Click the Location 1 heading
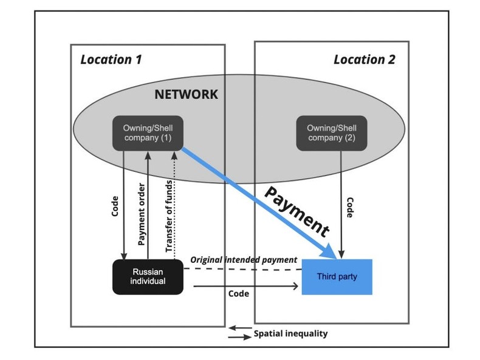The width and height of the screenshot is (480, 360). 111,59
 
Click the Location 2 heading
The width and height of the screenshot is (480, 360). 364,59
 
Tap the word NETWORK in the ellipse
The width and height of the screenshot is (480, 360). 185,94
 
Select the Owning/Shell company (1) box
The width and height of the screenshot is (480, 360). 148,133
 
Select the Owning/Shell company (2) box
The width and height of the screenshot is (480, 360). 331,133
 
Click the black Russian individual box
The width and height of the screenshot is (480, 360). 148,277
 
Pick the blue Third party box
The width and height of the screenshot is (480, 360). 337,277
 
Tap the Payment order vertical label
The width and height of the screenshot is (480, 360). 140,215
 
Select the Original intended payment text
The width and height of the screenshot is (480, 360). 244,259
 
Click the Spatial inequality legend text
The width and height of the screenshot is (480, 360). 290,333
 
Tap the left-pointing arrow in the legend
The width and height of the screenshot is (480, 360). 239,329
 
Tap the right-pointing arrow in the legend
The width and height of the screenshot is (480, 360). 239,337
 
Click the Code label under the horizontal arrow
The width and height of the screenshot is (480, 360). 238,293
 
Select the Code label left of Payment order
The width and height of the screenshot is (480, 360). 115,206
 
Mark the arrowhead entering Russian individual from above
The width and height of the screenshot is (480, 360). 124,256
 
